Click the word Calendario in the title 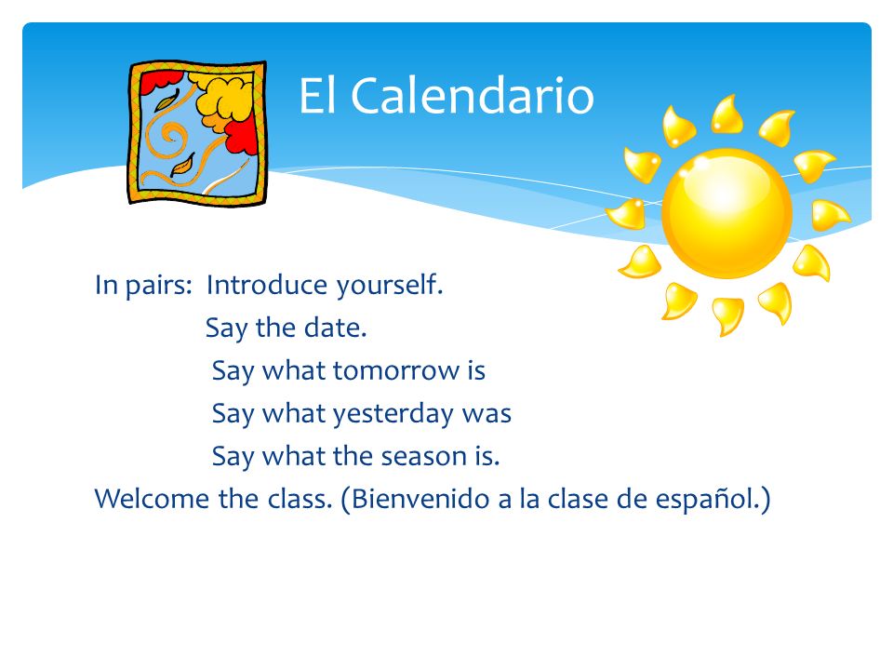[473, 95]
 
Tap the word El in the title [316, 95]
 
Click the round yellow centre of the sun [726, 213]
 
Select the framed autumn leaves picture [197, 133]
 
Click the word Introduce [267, 285]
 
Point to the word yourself [390, 286]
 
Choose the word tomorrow [396, 371]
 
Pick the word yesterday [393, 414]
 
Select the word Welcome [152, 499]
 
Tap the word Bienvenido [420, 499]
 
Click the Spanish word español [707, 500]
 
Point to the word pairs [159, 286]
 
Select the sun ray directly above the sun [727, 115]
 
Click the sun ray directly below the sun [727, 315]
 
